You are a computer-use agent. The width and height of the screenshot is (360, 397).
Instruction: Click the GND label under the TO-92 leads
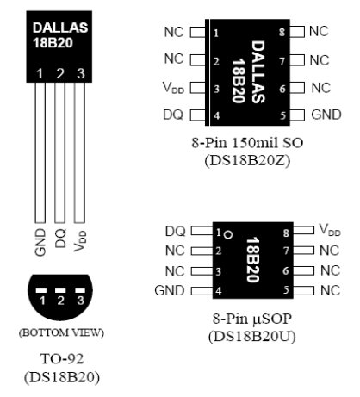[x=40, y=242]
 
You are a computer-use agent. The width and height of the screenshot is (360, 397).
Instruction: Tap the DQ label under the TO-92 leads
[x=60, y=239]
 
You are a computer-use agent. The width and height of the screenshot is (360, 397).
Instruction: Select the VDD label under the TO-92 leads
[x=80, y=241]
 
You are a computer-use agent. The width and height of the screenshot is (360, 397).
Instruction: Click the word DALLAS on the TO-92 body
[x=60, y=28]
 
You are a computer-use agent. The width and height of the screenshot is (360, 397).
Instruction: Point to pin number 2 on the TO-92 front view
[x=60, y=74]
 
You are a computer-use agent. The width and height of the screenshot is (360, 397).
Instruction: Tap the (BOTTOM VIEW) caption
[x=61, y=332]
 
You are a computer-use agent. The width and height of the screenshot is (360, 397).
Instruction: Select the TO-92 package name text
[x=62, y=359]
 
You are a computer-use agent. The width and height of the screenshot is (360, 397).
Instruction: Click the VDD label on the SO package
[x=173, y=88]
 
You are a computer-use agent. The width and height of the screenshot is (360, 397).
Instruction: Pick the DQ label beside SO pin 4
[x=173, y=115]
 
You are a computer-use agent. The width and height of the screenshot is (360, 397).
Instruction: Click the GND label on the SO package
[x=326, y=115]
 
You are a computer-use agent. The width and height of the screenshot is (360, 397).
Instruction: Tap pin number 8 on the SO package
[x=282, y=32]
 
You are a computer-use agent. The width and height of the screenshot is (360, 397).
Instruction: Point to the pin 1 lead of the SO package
[x=198, y=32]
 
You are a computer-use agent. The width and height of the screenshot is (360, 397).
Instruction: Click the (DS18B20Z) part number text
[x=247, y=161]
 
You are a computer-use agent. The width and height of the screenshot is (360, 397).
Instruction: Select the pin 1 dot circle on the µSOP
[x=228, y=235]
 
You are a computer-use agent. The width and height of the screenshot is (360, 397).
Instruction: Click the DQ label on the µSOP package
[x=175, y=232]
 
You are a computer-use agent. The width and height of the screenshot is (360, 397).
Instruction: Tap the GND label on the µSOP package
[x=170, y=290]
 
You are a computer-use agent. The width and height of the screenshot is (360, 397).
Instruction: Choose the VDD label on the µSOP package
[x=330, y=230]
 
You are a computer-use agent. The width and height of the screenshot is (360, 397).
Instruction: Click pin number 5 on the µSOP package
[x=286, y=290]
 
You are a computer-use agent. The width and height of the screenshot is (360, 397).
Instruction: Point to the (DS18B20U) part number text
[x=252, y=337]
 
